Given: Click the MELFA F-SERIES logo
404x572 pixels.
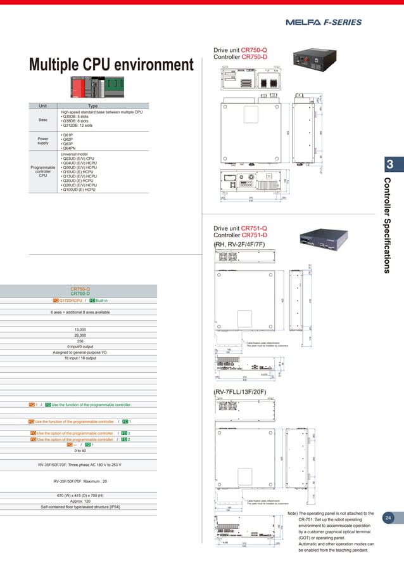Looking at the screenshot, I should [324, 22].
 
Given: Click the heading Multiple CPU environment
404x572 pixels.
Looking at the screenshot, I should [111, 65].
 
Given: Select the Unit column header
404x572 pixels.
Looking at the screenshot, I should [43, 106].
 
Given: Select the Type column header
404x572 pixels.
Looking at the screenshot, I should [93, 106].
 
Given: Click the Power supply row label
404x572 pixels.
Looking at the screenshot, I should [43, 140].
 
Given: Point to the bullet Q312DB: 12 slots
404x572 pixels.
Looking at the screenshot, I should [77, 126].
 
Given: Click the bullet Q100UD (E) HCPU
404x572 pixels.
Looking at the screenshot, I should [78, 189].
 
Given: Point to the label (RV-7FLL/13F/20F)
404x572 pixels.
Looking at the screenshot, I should [239, 391].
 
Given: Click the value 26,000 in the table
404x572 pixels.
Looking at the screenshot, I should [80, 335].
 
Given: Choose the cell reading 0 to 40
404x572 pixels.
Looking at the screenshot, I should [80, 450].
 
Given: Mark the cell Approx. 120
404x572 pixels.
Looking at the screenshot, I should [80, 501].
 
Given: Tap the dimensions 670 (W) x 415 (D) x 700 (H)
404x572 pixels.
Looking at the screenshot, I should [80, 495].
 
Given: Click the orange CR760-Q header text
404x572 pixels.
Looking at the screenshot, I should [80, 289].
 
